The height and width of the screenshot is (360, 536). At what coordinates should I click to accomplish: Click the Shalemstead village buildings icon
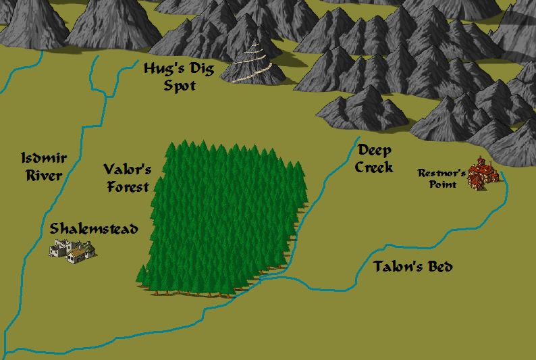click(x=72, y=251)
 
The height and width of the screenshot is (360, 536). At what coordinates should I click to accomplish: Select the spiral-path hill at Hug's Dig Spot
click(x=254, y=65)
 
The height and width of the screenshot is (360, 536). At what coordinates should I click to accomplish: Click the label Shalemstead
click(x=94, y=229)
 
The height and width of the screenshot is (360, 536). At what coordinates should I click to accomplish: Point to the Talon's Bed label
click(x=413, y=267)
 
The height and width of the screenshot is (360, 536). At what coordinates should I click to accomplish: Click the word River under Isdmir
click(x=43, y=176)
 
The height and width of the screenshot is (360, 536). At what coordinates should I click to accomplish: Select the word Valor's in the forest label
click(x=127, y=170)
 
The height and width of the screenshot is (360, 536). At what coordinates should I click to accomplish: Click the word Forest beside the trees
click(x=127, y=186)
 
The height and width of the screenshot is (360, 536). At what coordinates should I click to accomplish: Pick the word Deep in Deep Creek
click(x=375, y=151)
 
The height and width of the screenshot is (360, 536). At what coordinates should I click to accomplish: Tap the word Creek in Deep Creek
click(x=374, y=167)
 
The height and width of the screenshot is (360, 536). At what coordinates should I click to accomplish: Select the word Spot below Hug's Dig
click(x=179, y=86)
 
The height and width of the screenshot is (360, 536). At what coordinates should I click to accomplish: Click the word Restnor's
click(x=441, y=173)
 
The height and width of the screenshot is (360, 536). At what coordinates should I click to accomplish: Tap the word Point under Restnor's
click(x=443, y=184)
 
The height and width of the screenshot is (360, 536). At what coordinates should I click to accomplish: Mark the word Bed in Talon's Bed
click(x=439, y=267)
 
